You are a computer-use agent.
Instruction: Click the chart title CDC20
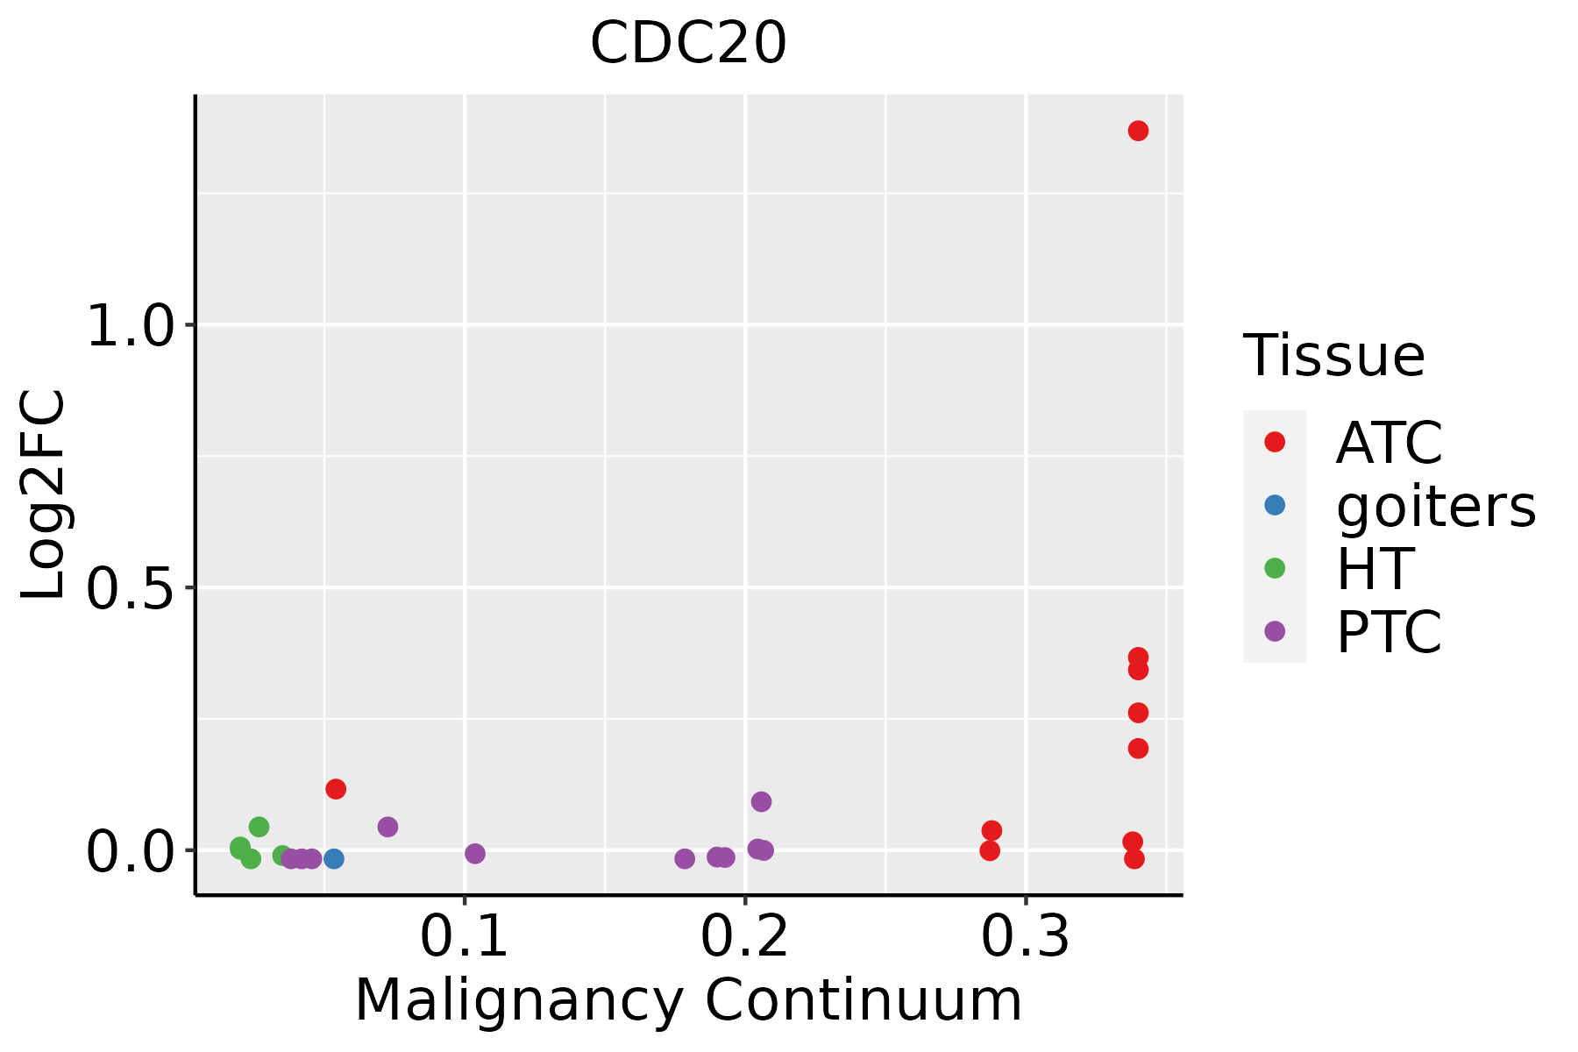(x=688, y=43)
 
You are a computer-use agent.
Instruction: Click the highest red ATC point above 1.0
(x=1138, y=131)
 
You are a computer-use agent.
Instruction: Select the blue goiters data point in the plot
(x=334, y=858)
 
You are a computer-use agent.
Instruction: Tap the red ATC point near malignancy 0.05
(x=336, y=789)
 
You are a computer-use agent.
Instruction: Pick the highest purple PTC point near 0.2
(x=761, y=801)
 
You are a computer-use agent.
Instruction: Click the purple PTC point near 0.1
(x=475, y=853)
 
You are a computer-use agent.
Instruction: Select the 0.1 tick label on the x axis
(x=465, y=937)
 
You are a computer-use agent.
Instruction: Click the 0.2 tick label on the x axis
(x=745, y=937)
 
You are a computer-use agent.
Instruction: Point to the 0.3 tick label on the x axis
(x=1026, y=937)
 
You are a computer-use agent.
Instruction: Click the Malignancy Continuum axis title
(x=688, y=1001)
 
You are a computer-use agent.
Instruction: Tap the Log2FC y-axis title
(x=44, y=495)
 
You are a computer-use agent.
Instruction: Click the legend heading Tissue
(x=1334, y=356)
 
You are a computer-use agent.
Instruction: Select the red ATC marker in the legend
(x=1275, y=442)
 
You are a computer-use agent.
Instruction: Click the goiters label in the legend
(x=1436, y=506)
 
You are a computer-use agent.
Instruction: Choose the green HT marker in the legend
(x=1275, y=568)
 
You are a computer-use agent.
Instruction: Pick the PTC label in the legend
(x=1389, y=631)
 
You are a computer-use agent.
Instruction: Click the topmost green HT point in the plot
(x=259, y=827)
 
